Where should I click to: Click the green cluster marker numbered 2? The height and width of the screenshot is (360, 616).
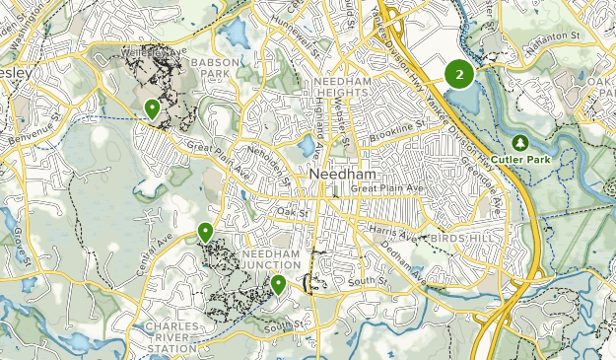pos(459,74)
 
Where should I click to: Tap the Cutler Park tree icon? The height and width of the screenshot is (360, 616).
pos(520,142)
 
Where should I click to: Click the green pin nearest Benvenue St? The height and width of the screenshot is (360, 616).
pos(152,108)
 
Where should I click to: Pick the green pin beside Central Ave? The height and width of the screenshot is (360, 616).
pos(205,233)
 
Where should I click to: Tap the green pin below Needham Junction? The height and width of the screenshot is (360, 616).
pos(279,285)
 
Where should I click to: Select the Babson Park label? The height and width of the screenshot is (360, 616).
pos(210,67)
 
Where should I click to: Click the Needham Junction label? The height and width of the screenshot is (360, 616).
pos(265,259)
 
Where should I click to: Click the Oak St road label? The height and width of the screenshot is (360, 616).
pos(293,212)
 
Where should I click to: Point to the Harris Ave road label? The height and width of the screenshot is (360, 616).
pos(391,234)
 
